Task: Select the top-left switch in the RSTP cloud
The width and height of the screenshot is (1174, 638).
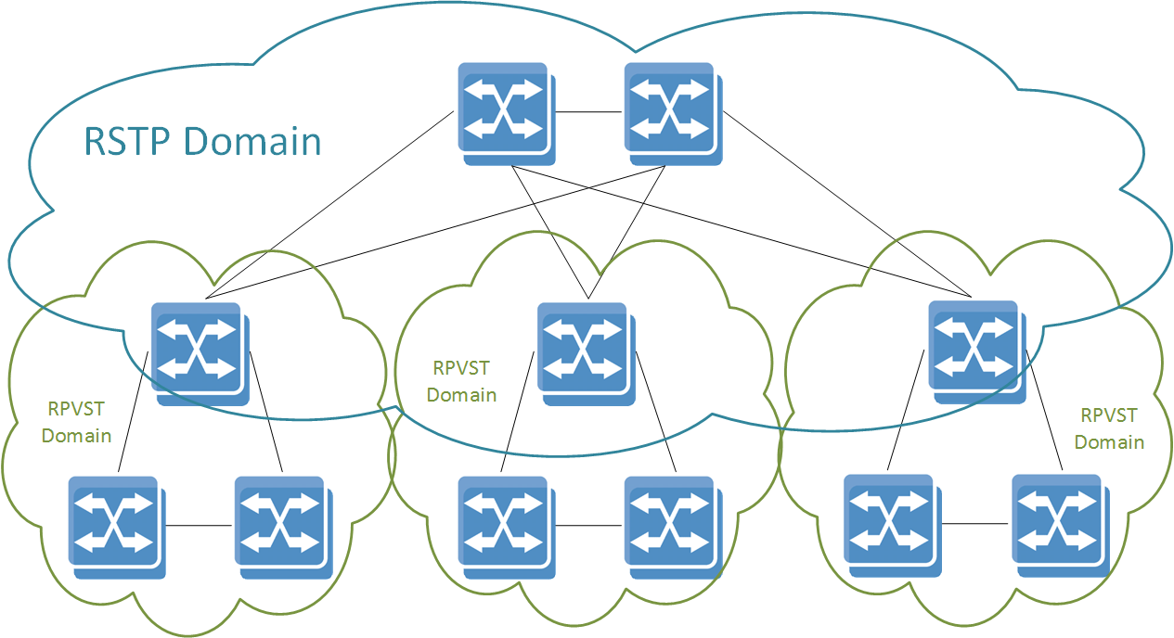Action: click(x=505, y=111)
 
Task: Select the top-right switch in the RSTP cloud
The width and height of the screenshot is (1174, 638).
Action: click(x=671, y=111)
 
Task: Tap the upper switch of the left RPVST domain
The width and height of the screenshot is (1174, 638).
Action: click(x=199, y=351)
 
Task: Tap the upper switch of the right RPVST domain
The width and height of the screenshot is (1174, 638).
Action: click(x=975, y=350)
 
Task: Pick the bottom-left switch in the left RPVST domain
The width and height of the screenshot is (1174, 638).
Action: click(x=115, y=526)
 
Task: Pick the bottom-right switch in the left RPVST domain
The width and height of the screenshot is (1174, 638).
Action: click(x=282, y=526)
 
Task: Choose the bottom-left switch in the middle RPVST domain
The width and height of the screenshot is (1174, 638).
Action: click(x=505, y=526)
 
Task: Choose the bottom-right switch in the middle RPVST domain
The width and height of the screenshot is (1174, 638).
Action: click(x=671, y=526)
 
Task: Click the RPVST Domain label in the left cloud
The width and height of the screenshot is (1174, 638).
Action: click(x=77, y=421)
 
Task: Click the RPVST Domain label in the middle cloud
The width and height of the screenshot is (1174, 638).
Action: click(x=462, y=380)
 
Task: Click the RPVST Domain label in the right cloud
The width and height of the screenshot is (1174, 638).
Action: click(x=1109, y=428)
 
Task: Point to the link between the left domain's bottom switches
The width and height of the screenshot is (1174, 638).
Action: click(x=199, y=526)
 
